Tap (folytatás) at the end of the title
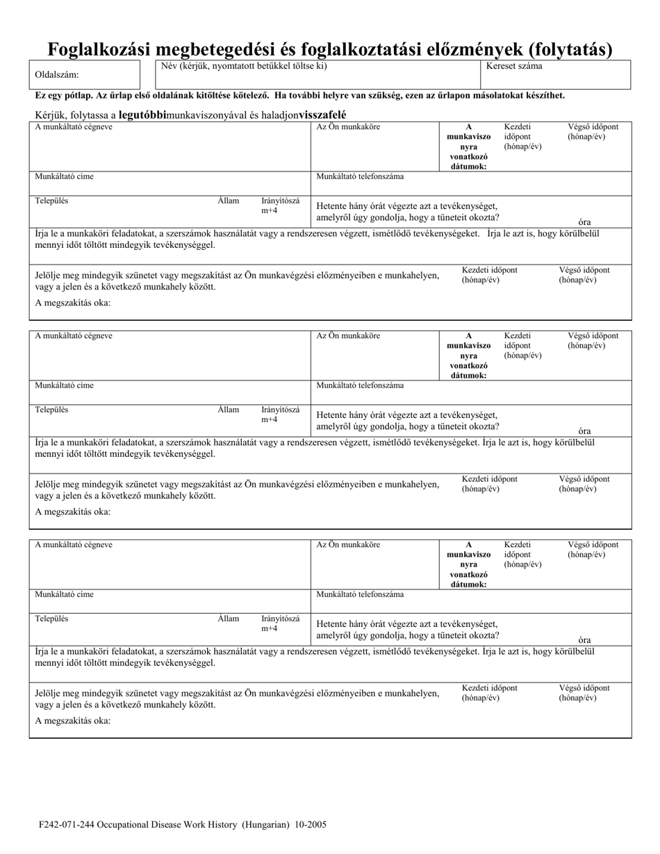coord(571,49)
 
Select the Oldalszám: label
coord(57,75)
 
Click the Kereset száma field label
coord(515,67)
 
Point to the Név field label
coord(243,67)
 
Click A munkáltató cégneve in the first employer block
coord(74,127)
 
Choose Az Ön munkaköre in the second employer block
coord(348,336)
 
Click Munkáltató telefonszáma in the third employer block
coord(360,594)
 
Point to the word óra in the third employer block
coord(584,640)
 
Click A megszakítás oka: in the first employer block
coord(72,303)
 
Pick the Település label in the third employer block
coord(51,619)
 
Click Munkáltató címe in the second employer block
coord(64,385)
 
